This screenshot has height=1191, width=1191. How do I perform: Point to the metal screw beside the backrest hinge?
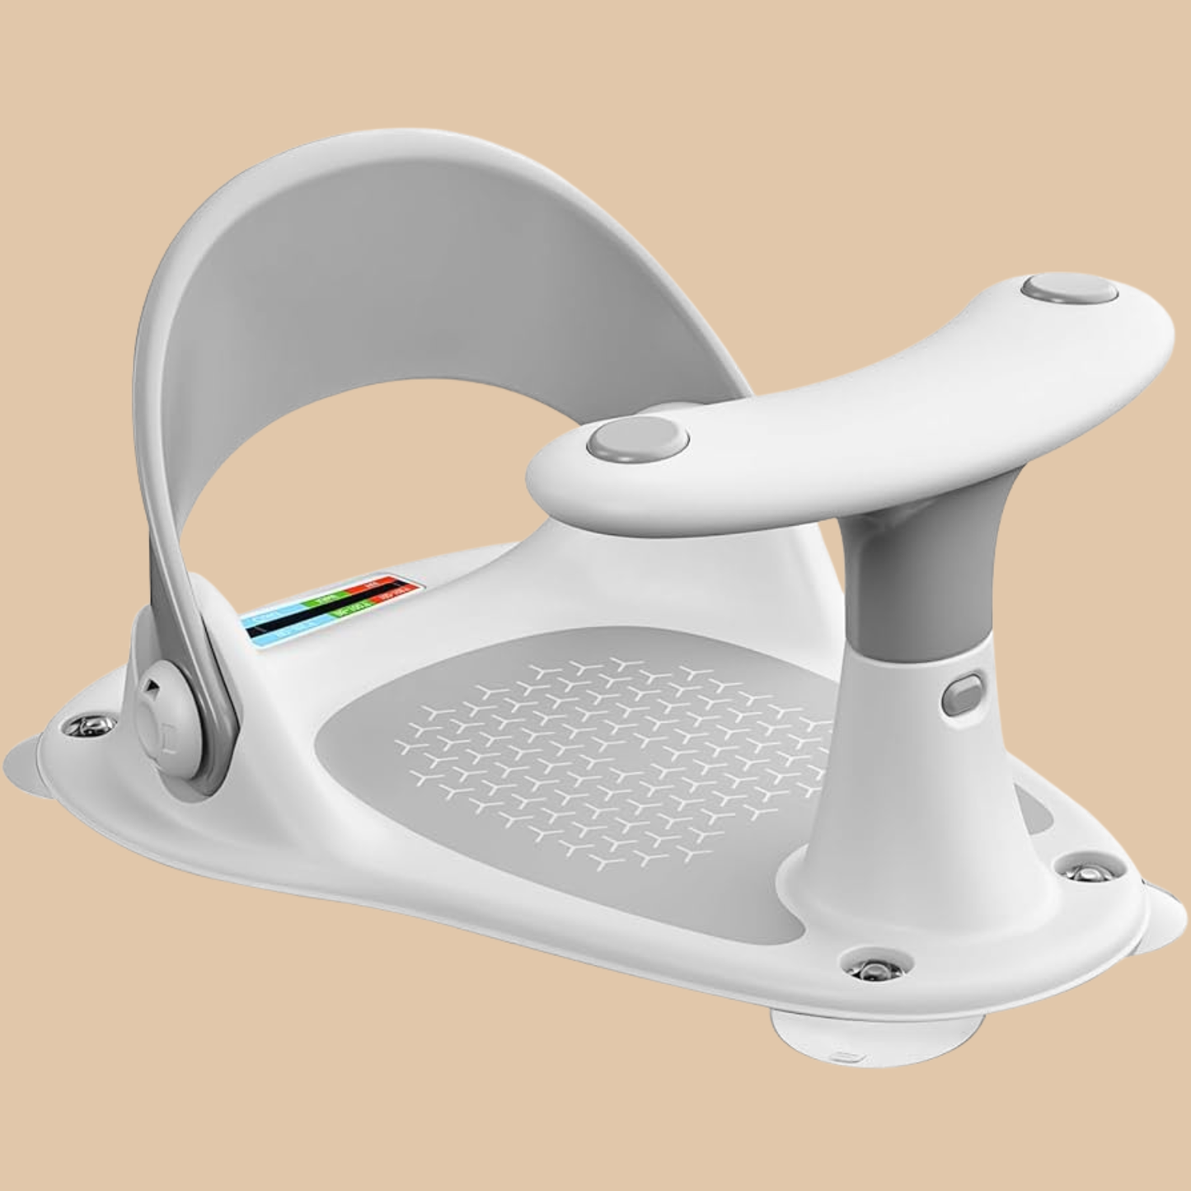pos(83,725)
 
